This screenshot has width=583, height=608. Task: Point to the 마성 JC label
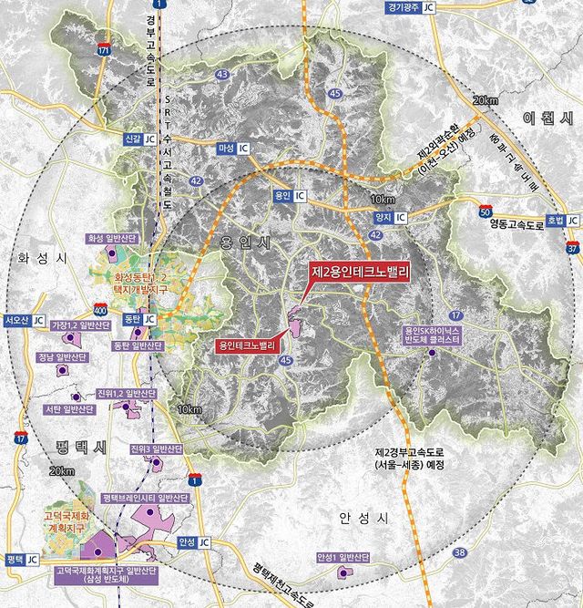pos(235,148)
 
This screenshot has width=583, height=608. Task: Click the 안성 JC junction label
pos(194,542)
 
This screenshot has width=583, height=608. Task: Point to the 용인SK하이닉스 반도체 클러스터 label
pos(432,334)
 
